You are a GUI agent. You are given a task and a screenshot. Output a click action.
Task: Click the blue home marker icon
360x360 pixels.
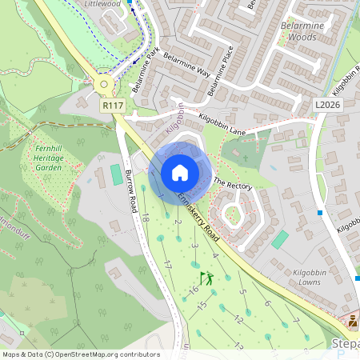pyautogui.click(x=180, y=173)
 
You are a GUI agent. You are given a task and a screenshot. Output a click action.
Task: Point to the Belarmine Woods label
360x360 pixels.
pyautogui.click(x=300, y=30)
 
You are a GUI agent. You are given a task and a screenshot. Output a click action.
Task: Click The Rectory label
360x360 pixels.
pyautogui.click(x=233, y=185)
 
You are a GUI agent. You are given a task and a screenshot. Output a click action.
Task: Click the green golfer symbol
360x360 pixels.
pyautogui.click(x=207, y=279)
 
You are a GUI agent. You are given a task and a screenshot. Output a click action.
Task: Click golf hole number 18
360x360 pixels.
pyautogui.click(x=145, y=217)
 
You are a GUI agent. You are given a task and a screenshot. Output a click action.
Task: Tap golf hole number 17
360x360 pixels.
pyautogui.click(x=167, y=264)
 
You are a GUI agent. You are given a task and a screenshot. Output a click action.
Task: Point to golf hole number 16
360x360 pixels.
pyautogui.click(x=194, y=290)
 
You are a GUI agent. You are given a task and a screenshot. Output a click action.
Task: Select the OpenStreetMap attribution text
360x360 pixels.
pyautogui.click(x=81, y=354)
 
